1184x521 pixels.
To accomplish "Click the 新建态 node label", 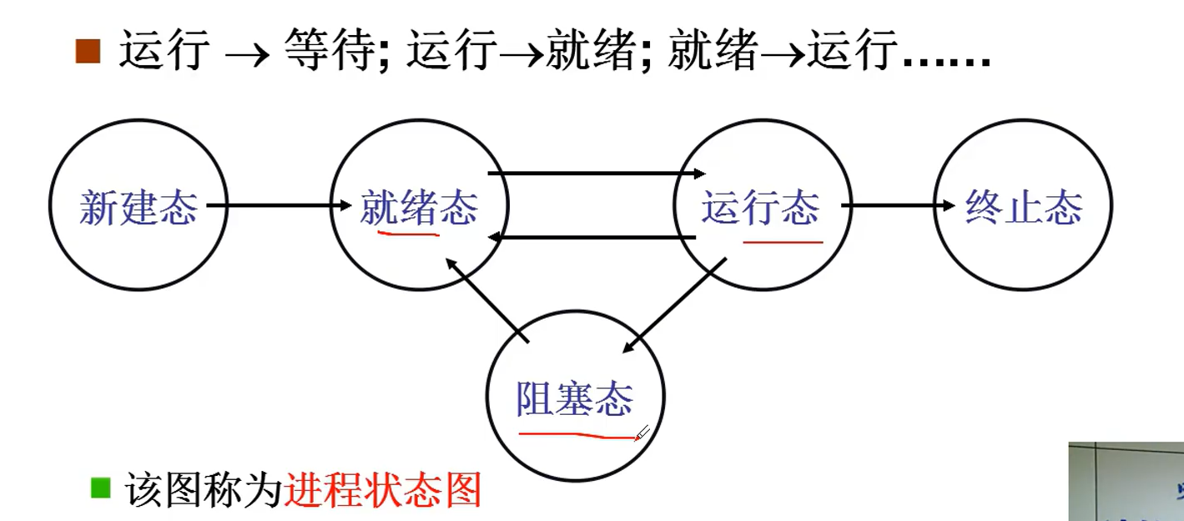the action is (x=138, y=207).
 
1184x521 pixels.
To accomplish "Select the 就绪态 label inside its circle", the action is (x=419, y=207).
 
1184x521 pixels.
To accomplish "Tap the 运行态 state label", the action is (x=760, y=207).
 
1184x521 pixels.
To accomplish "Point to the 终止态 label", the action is (x=1024, y=207).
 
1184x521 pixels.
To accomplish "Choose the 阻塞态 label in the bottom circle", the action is (x=575, y=398).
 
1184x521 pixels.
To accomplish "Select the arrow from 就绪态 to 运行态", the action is (x=596, y=174).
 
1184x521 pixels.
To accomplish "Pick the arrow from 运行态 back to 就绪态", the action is (x=592, y=239).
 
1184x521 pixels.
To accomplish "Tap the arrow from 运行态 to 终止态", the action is (x=898, y=205).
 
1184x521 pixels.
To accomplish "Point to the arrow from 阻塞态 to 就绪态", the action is (x=487, y=299).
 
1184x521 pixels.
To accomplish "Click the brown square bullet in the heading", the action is (x=88, y=52).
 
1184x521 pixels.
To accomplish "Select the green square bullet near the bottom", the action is (x=101, y=488).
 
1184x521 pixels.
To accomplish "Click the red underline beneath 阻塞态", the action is (x=576, y=435).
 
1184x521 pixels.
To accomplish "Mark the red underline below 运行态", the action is (x=783, y=242).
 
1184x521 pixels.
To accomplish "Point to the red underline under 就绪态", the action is (x=408, y=234).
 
